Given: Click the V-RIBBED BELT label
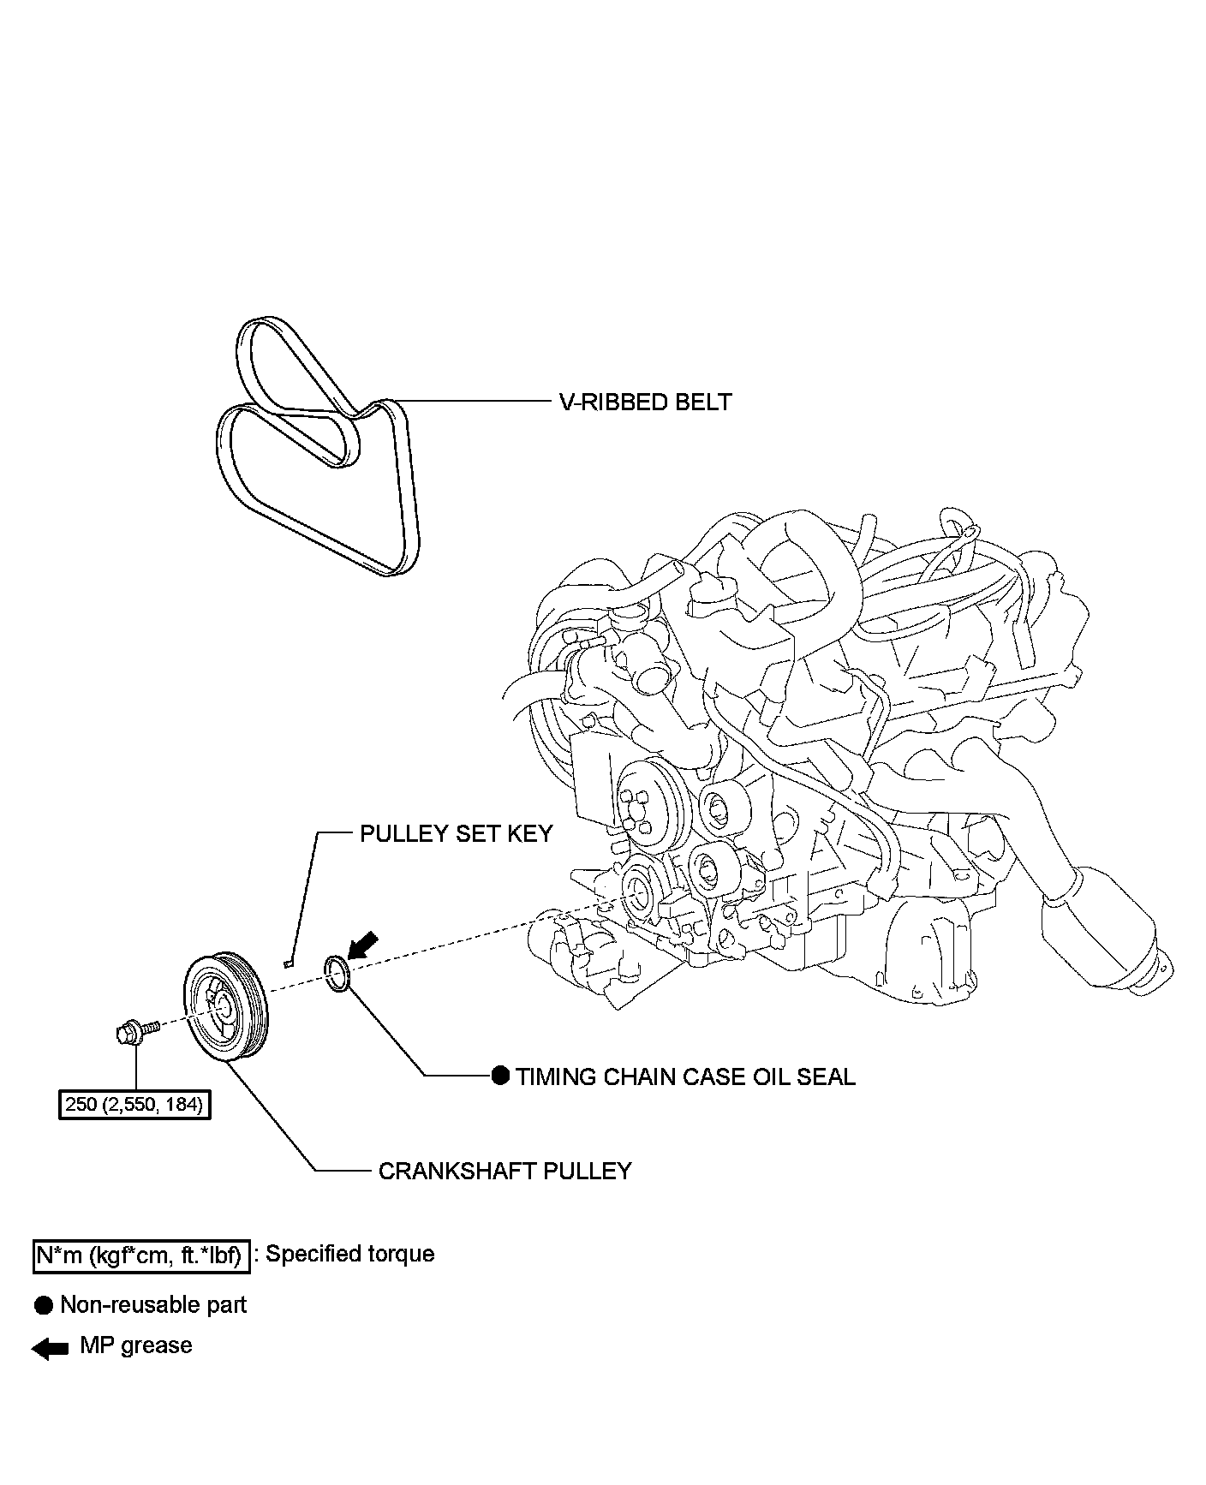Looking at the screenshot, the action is coord(645,403).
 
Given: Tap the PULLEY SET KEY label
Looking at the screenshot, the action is coord(456,834).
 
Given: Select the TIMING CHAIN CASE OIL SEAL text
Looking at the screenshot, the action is coord(685,1077).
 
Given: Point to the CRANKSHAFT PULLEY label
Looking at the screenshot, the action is coord(504,1171).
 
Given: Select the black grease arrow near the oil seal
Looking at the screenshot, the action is coord(365,944).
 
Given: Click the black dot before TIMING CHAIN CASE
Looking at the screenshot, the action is coord(500,1076).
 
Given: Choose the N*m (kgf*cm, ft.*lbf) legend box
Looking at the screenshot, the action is coord(141,1255).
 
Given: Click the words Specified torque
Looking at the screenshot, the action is coord(350,1255).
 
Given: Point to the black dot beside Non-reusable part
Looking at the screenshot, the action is coord(44,1306).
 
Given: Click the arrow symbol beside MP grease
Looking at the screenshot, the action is coord(50,1350).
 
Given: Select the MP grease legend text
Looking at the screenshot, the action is coord(136,1345).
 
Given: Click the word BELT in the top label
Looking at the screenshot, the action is coord(703,403).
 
